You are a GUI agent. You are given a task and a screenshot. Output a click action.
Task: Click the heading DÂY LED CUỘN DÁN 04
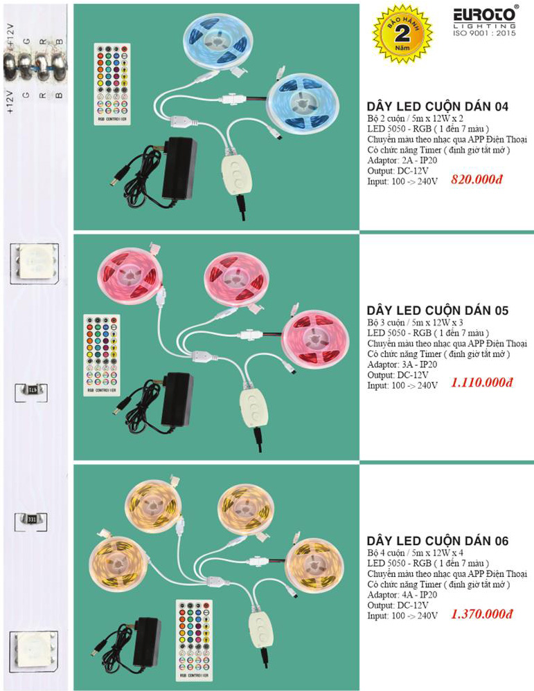pyautogui.click(x=437, y=107)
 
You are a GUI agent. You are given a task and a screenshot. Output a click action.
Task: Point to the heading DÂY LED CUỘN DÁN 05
pyautogui.click(x=437, y=311)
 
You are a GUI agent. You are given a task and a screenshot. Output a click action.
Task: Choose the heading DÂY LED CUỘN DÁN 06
pyautogui.click(x=437, y=541)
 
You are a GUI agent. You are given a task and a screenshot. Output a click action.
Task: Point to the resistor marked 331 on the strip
pyautogui.click(x=32, y=517)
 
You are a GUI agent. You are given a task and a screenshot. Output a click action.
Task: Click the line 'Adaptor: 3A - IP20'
pyautogui.click(x=402, y=365)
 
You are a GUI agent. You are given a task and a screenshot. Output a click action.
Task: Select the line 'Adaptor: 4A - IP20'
pyautogui.click(x=402, y=594)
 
